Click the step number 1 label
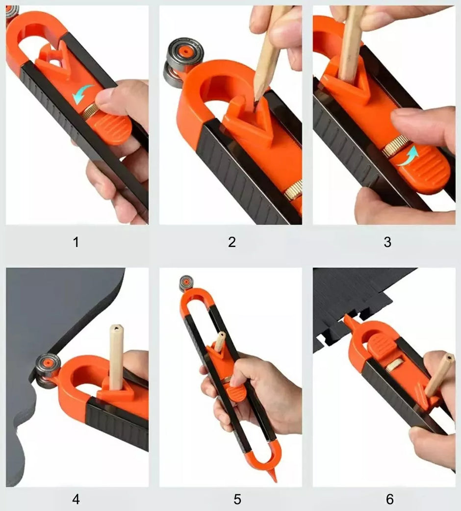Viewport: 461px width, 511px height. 76,242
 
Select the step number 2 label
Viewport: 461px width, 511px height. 231,242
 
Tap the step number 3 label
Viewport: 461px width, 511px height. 387,242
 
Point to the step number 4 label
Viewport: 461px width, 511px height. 76,499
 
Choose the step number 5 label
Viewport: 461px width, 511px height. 237,499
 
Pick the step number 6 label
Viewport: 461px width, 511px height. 390,499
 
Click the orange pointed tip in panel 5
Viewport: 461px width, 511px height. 274,476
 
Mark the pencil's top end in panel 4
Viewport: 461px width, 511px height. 116,327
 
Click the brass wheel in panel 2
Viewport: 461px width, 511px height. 295,190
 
